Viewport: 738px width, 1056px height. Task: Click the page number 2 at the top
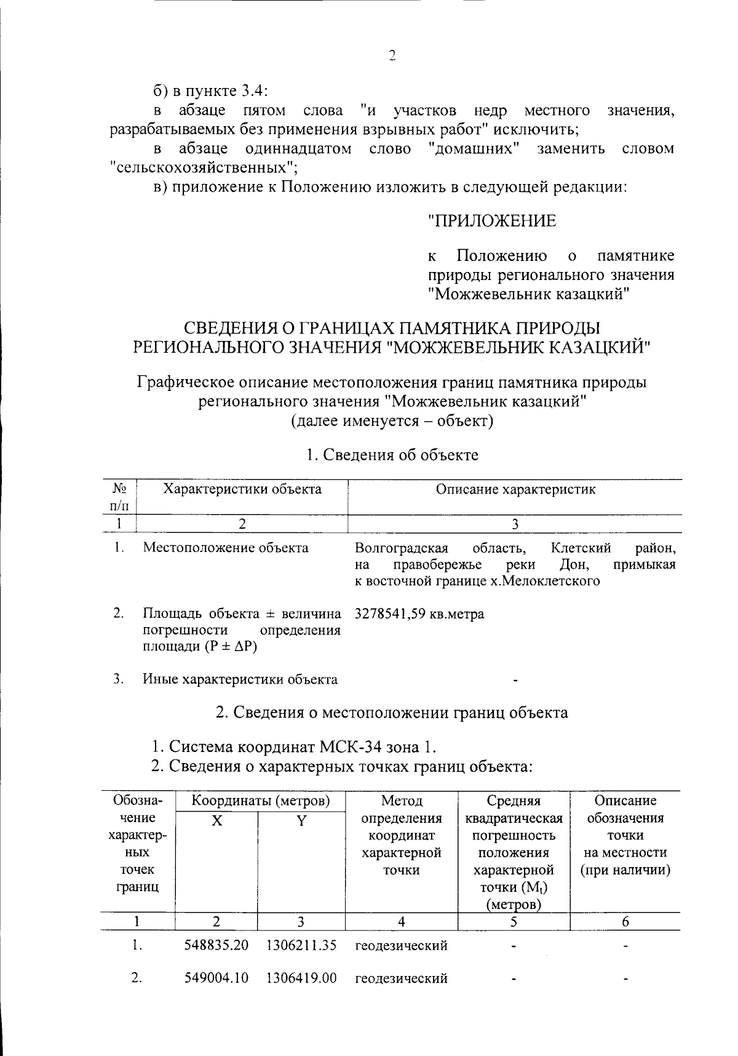[392, 56]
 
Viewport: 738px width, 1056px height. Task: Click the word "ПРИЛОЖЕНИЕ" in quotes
[492, 221]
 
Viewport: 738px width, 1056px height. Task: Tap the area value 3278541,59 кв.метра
[419, 614]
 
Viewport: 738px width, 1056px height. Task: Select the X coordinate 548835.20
[216, 945]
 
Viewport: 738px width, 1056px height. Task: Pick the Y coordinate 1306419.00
[301, 978]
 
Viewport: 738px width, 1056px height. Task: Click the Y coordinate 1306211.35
[301, 945]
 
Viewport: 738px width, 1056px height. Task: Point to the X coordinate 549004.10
[216, 978]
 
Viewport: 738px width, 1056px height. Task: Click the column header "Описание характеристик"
[515, 490]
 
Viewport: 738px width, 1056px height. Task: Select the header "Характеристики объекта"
[242, 490]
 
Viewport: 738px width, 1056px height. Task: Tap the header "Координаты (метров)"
[261, 801]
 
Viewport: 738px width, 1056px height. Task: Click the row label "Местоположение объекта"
[226, 548]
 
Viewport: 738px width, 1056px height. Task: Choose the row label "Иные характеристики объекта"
[240, 679]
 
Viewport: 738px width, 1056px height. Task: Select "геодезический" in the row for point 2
[401, 978]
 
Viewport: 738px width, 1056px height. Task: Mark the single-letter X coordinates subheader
[216, 820]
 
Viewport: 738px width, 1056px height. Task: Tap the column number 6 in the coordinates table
[625, 921]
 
